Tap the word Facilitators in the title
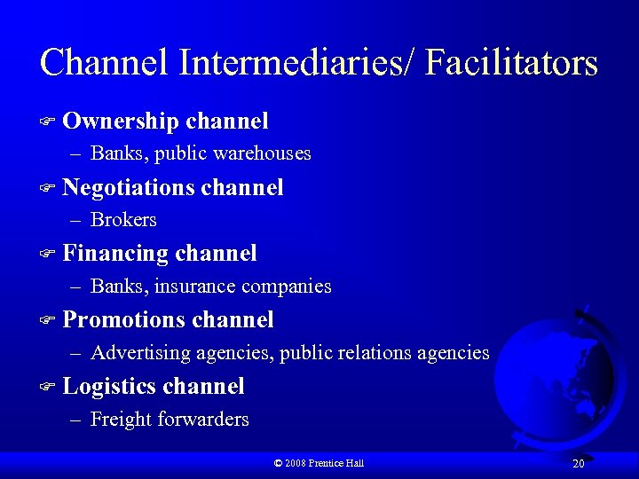point(511,63)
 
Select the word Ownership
point(122,121)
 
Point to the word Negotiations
point(129,187)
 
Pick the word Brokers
point(123,220)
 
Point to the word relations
point(369,353)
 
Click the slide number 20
point(578,463)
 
